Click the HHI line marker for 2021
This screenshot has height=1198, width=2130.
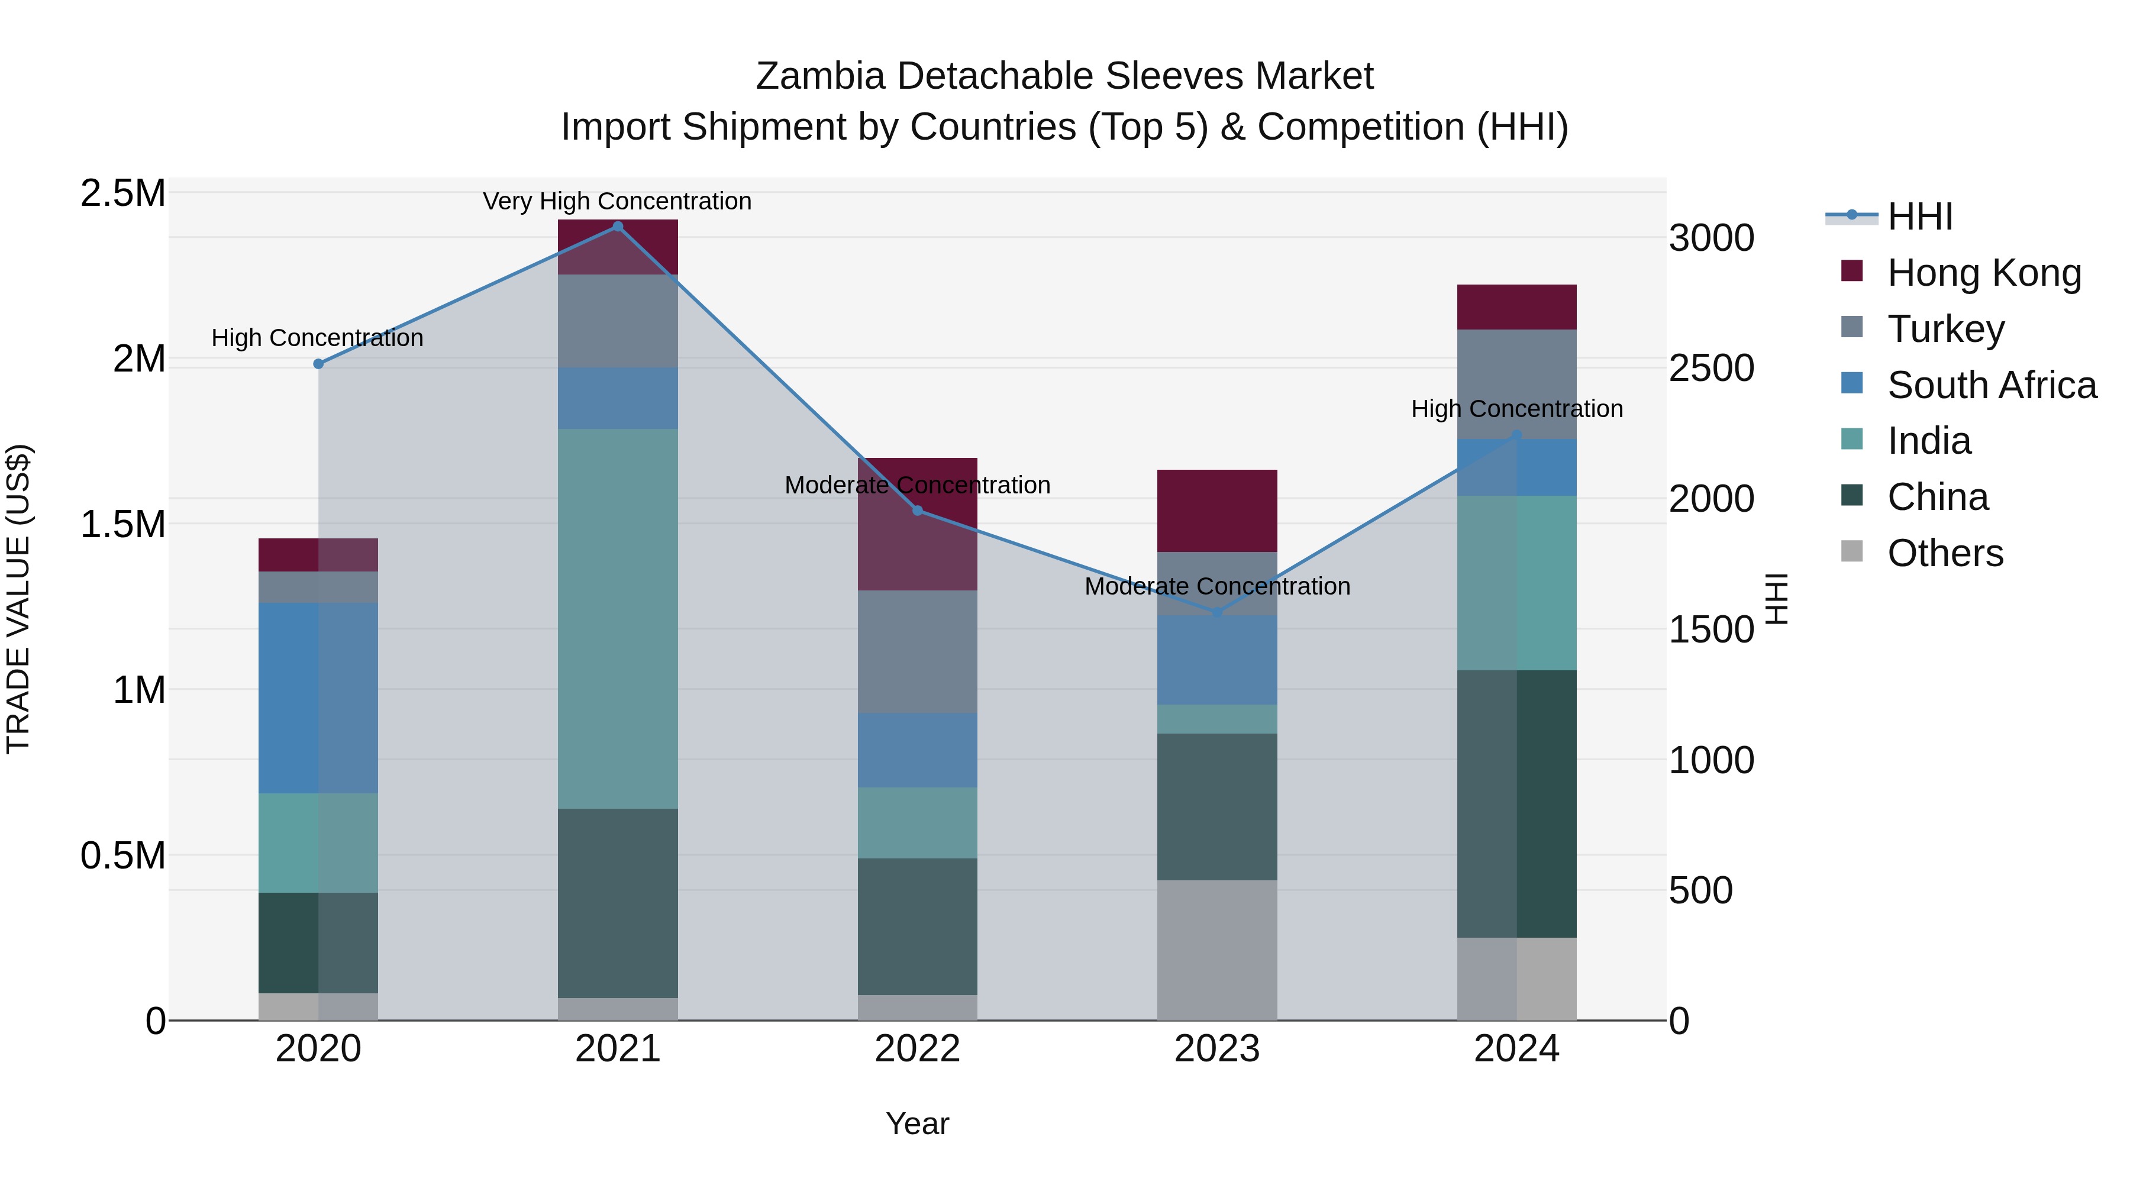618,227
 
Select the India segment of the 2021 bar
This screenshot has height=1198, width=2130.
618,618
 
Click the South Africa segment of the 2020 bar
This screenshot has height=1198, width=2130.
318,698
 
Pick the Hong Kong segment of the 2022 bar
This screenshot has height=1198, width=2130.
917,524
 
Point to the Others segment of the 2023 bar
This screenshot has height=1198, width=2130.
1216,950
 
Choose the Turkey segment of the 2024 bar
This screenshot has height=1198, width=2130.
1516,385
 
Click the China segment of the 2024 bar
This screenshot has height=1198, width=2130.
1516,803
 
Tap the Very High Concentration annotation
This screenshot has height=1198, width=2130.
617,202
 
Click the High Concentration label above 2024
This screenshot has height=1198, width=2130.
1516,409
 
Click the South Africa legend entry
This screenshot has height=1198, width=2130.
1991,385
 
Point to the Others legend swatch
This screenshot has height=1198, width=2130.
1852,551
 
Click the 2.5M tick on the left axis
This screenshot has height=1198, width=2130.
123,193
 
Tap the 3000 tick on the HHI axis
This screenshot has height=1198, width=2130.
1711,238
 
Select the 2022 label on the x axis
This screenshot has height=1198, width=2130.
917,1049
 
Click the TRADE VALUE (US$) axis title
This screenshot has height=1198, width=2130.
19,599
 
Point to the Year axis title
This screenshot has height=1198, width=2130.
917,1123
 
